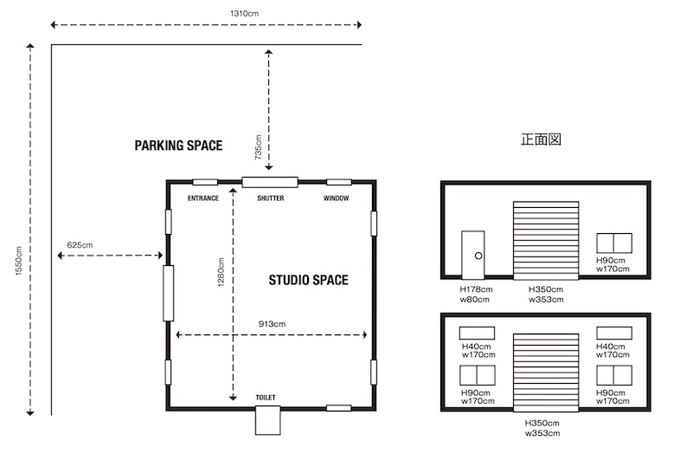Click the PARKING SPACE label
[x=178, y=146]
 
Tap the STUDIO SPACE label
[x=308, y=280]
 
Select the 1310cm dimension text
[x=244, y=14]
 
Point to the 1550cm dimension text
[x=18, y=261]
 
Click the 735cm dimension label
[x=258, y=147]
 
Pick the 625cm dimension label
[x=80, y=245]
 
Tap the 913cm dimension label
[x=272, y=324]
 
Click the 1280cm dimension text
[x=221, y=272]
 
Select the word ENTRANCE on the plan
[x=203, y=198]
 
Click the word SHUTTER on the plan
[x=271, y=198]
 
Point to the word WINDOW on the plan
[x=336, y=198]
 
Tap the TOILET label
[x=266, y=398]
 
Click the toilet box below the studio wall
[x=267, y=420]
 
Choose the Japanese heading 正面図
[x=541, y=139]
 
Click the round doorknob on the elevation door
[x=478, y=256]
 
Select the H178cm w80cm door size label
[x=476, y=294]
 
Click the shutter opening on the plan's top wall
[x=270, y=182]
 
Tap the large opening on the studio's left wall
[x=168, y=293]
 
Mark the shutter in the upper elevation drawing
[x=546, y=240]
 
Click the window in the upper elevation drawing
[x=614, y=243]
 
